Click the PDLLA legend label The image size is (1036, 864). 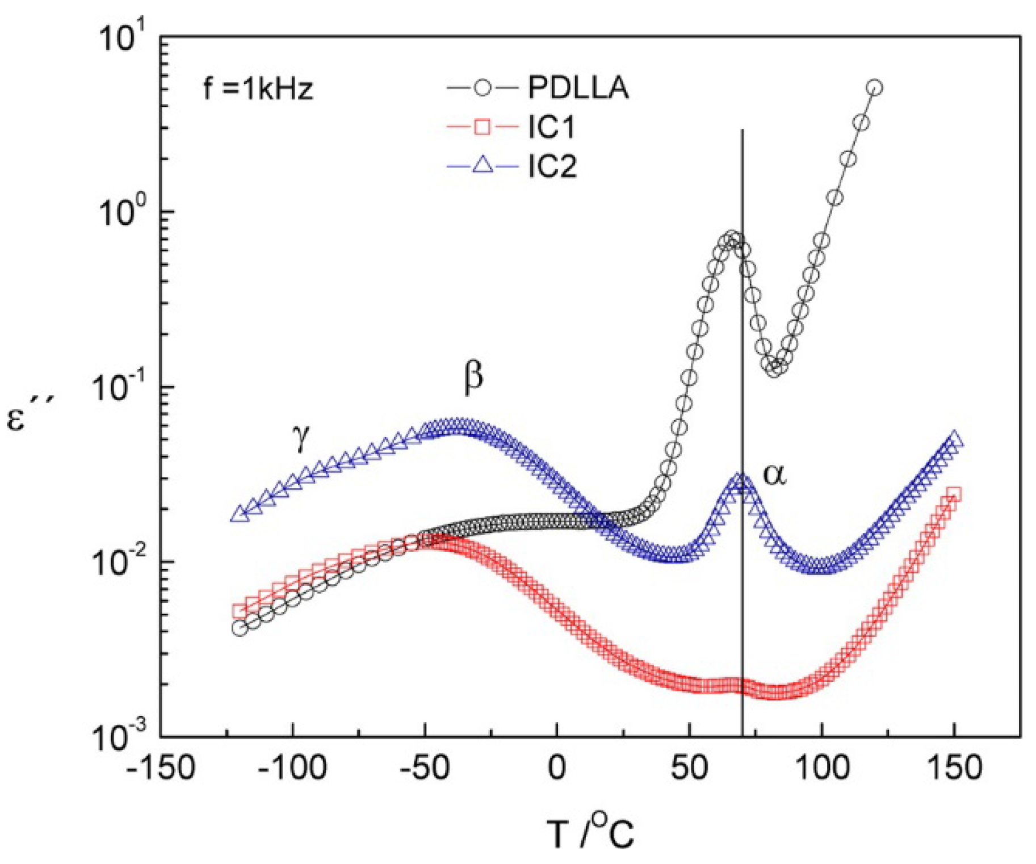pos(578,88)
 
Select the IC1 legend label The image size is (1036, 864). pos(551,127)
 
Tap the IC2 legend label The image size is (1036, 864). pos(552,166)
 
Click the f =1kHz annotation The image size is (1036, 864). pos(258,89)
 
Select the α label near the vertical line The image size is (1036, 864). pos(774,474)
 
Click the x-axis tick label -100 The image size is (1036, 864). pos(292,768)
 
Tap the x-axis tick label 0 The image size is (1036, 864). pos(557,768)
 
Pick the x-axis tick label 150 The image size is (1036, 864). pos(954,768)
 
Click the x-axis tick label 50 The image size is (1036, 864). pos(689,768)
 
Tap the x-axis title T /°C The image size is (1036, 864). pos(590,833)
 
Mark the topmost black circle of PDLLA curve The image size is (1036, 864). pos(875,87)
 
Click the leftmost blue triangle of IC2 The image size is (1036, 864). pos(240,514)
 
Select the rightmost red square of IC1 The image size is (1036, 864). pos(954,493)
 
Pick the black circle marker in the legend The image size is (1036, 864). pos(482,88)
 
